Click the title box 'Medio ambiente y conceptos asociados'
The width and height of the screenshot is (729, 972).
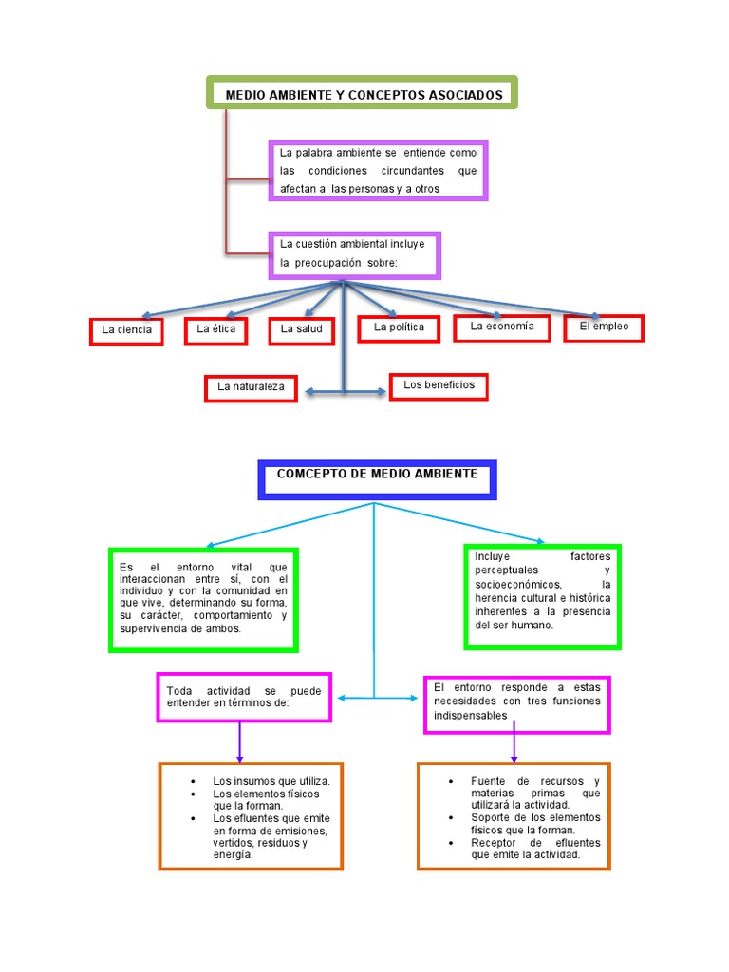(362, 94)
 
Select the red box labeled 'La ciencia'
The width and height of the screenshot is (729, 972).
(126, 330)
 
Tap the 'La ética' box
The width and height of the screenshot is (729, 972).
(215, 329)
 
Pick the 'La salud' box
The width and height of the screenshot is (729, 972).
(302, 329)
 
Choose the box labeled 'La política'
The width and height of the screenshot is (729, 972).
(400, 327)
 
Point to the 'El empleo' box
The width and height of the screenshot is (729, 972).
(604, 327)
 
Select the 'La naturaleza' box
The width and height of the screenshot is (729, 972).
(251, 387)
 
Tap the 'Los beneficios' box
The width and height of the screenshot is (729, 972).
(439, 385)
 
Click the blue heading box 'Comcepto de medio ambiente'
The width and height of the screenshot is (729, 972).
(377, 478)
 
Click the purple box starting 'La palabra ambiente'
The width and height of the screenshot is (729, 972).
(378, 171)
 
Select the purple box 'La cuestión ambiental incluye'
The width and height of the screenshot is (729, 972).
(354, 254)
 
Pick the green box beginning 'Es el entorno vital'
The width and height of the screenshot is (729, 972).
(203, 599)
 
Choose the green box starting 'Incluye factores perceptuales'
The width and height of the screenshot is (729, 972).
(542, 595)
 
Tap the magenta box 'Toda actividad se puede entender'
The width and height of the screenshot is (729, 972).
(244, 697)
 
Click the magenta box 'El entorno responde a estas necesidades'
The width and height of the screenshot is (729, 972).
(516, 703)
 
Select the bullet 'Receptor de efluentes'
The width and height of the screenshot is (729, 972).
(535, 848)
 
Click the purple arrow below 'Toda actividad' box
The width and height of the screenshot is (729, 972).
(240, 742)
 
